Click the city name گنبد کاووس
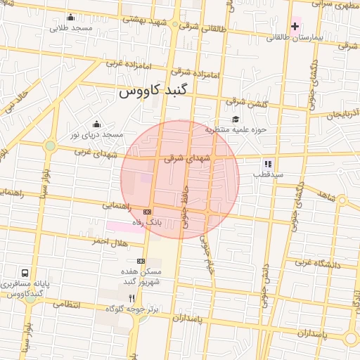coord(153,92)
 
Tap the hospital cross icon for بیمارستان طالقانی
coord(295,26)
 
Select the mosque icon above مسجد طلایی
coord(70,18)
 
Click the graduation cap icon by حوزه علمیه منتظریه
coord(236,119)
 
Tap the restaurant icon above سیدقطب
coord(268,163)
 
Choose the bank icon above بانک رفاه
coord(147,212)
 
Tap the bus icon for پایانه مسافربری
coord(25,273)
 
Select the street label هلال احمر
coord(109,241)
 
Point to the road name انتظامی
coord(66,304)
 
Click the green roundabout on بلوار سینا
coord(51,146)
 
